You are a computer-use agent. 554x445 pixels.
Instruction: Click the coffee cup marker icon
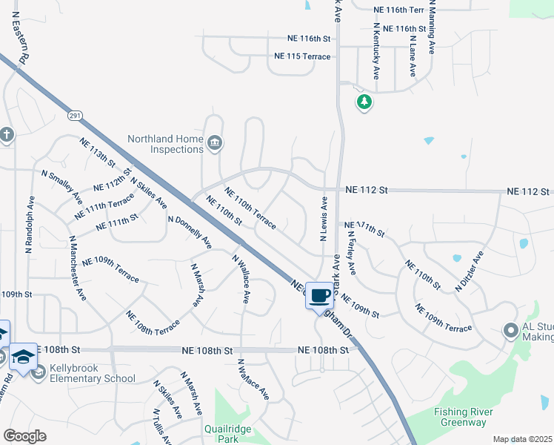[319, 295]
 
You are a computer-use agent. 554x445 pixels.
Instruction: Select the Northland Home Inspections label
[165, 144]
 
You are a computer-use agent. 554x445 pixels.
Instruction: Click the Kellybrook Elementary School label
[93, 373]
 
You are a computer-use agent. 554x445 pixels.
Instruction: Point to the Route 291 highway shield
[75, 116]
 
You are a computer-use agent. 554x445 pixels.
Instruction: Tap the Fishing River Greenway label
[450, 417]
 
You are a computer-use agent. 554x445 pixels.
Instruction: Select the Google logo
[25, 436]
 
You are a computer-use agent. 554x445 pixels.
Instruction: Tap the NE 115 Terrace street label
[301, 56]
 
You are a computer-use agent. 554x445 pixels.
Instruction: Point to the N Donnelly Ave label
[190, 232]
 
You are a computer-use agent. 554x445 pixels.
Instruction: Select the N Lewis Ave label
[324, 219]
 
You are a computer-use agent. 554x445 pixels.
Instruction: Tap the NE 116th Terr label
[399, 10]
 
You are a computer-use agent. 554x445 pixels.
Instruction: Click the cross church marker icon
[7, 135]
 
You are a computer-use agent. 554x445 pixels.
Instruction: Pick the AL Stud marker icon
[510, 331]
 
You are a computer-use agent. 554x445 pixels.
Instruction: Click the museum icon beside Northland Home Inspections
[214, 143]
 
